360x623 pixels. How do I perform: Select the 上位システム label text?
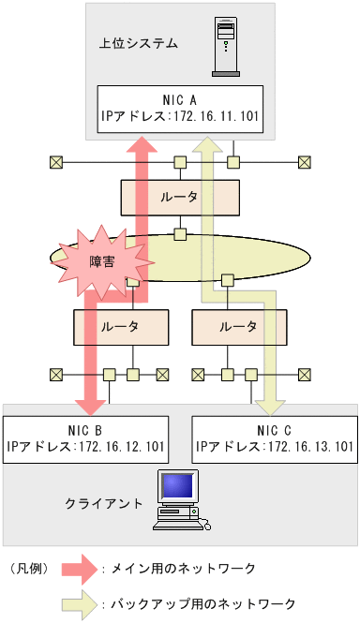coord(138,43)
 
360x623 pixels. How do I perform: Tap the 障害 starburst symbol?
coord(102,260)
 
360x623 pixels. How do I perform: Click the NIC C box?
coord(274,437)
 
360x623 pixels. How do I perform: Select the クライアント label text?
coord(104,503)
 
